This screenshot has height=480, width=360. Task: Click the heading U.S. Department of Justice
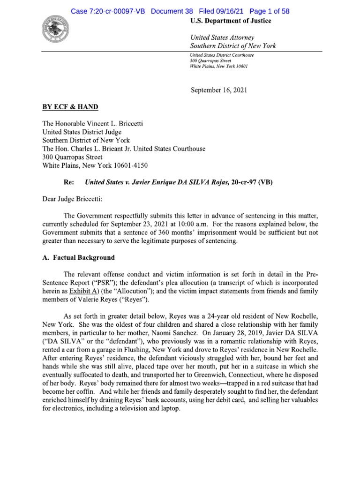click(x=231, y=21)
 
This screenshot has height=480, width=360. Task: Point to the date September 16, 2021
click(x=223, y=90)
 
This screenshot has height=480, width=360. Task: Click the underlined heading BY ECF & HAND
click(x=70, y=107)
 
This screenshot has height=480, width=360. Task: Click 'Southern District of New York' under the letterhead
click(x=233, y=46)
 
